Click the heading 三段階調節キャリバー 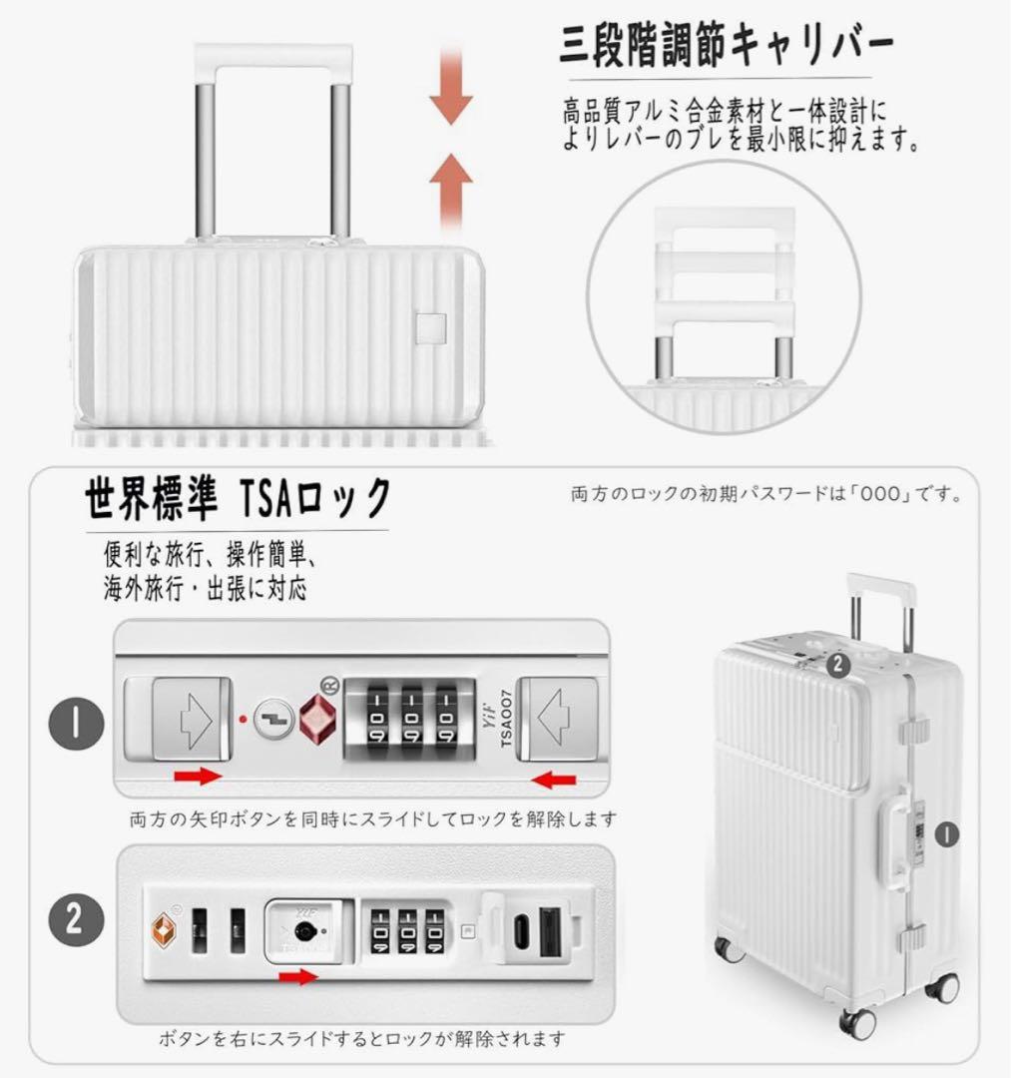[x=726, y=48]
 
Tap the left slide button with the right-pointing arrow [x=190, y=717]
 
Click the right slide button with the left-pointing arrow [x=560, y=717]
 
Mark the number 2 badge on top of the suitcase [x=838, y=661]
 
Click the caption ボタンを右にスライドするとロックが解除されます [x=362, y=1039]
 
